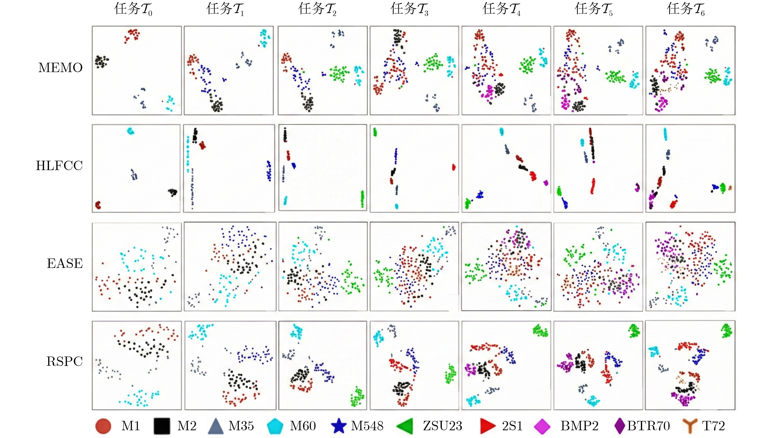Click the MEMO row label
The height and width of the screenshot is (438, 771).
(x=60, y=68)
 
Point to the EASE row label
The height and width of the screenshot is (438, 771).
(x=65, y=264)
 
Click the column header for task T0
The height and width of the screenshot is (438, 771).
(x=133, y=9)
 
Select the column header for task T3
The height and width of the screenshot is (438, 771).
(x=409, y=9)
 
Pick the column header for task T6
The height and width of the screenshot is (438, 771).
(x=686, y=9)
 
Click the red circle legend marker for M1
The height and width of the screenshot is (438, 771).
(x=103, y=426)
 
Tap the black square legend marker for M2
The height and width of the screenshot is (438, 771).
(x=162, y=426)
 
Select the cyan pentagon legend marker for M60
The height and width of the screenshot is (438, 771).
(x=275, y=426)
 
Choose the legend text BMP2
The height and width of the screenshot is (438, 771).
(x=579, y=426)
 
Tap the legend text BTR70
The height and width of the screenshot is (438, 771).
(x=648, y=426)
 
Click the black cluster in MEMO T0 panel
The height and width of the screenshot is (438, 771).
(x=101, y=61)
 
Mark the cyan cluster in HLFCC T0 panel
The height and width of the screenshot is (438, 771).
(x=130, y=131)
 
